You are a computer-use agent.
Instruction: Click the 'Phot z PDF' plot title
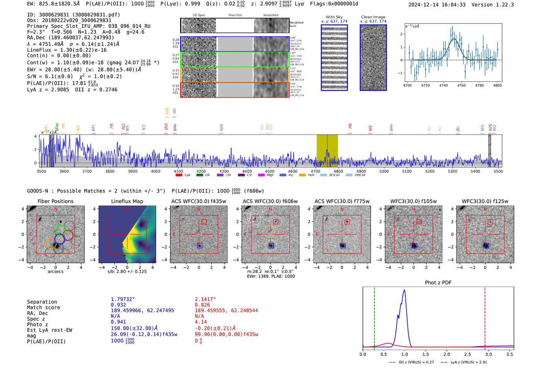pos(438,283)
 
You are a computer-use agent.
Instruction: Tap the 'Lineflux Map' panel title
pos(127,201)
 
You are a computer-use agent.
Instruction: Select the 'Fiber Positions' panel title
pos(56,201)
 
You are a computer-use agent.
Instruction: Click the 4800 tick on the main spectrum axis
pos(338,171)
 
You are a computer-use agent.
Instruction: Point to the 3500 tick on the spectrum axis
pos(41,171)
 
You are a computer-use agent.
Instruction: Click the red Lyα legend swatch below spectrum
pos(179,175)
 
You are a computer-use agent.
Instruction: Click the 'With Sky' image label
pos(334,17)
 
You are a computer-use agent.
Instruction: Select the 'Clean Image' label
pos(373,17)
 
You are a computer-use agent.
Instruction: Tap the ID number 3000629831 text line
pos(73,15)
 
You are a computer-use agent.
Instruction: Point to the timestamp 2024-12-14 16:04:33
pos(437,5)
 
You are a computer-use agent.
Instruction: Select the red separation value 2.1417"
pos(205,299)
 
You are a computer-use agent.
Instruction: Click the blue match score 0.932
pos(118,305)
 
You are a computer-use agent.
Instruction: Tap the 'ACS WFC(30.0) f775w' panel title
pos(342,201)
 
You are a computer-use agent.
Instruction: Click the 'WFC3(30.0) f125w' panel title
pos(485,201)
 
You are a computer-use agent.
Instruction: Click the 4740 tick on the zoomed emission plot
pos(443,85)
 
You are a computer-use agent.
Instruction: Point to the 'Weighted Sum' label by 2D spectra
pos(296,24)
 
